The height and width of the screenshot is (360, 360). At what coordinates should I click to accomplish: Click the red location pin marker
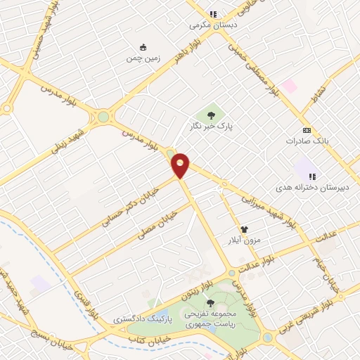(x=181, y=165)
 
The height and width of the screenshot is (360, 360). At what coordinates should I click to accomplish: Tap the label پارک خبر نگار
(x=208, y=127)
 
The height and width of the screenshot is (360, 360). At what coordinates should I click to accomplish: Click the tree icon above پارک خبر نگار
(x=209, y=114)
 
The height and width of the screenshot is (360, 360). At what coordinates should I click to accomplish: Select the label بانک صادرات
(x=307, y=141)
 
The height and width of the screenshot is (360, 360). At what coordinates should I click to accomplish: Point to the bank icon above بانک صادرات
(x=307, y=130)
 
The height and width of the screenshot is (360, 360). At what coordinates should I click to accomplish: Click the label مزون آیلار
(x=243, y=240)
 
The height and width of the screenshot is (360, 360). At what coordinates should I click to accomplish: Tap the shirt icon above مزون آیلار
(x=244, y=229)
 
